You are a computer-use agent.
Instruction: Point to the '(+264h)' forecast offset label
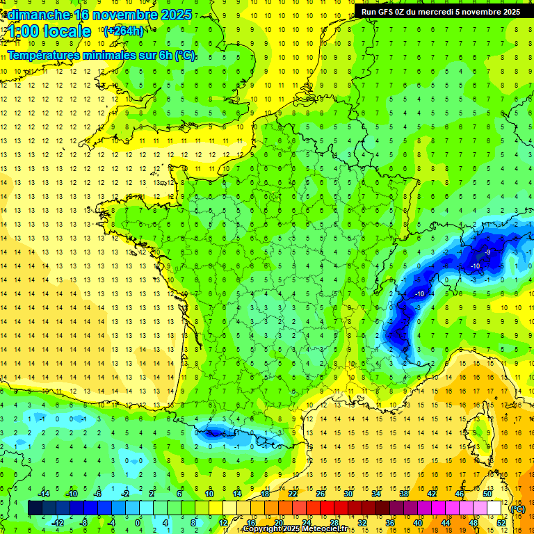124,31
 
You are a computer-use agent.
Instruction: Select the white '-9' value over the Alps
488,252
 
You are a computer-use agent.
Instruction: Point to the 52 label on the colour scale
501,522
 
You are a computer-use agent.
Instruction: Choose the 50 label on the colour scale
487,494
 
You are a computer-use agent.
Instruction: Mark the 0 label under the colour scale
137,522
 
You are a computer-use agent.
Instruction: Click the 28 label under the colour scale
334,522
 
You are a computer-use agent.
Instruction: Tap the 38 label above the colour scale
404,494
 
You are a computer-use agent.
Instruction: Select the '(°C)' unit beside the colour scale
518,509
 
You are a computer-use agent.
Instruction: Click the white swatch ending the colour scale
494,508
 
